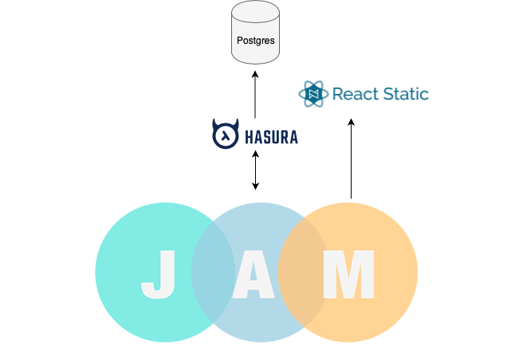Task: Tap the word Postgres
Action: (255, 40)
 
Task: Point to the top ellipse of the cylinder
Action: (255, 11)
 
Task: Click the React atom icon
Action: (313, 95)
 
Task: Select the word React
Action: (356, 95)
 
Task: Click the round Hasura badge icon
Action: (226, 135)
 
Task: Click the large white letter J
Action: (159, 275)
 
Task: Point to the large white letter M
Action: (348, 275)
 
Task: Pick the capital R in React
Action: (336, 95)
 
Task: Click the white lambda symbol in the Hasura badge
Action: (226, 136)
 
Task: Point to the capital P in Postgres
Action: (240, 40)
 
